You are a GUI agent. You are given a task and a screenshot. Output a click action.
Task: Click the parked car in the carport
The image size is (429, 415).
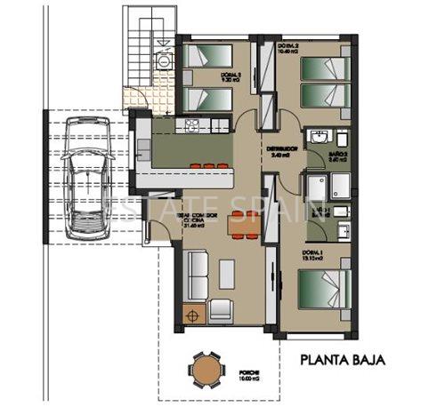[x=87, y=182]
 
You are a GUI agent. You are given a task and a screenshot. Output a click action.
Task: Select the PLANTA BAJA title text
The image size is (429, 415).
[x=342, y=361]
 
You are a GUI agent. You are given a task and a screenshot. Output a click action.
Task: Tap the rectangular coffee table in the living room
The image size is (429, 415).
[x=227, y=273]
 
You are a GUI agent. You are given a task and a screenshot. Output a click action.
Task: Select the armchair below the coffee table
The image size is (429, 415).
[x=220, y=310]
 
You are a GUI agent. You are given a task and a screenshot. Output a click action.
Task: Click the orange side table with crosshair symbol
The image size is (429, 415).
[x=191, y=313]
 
